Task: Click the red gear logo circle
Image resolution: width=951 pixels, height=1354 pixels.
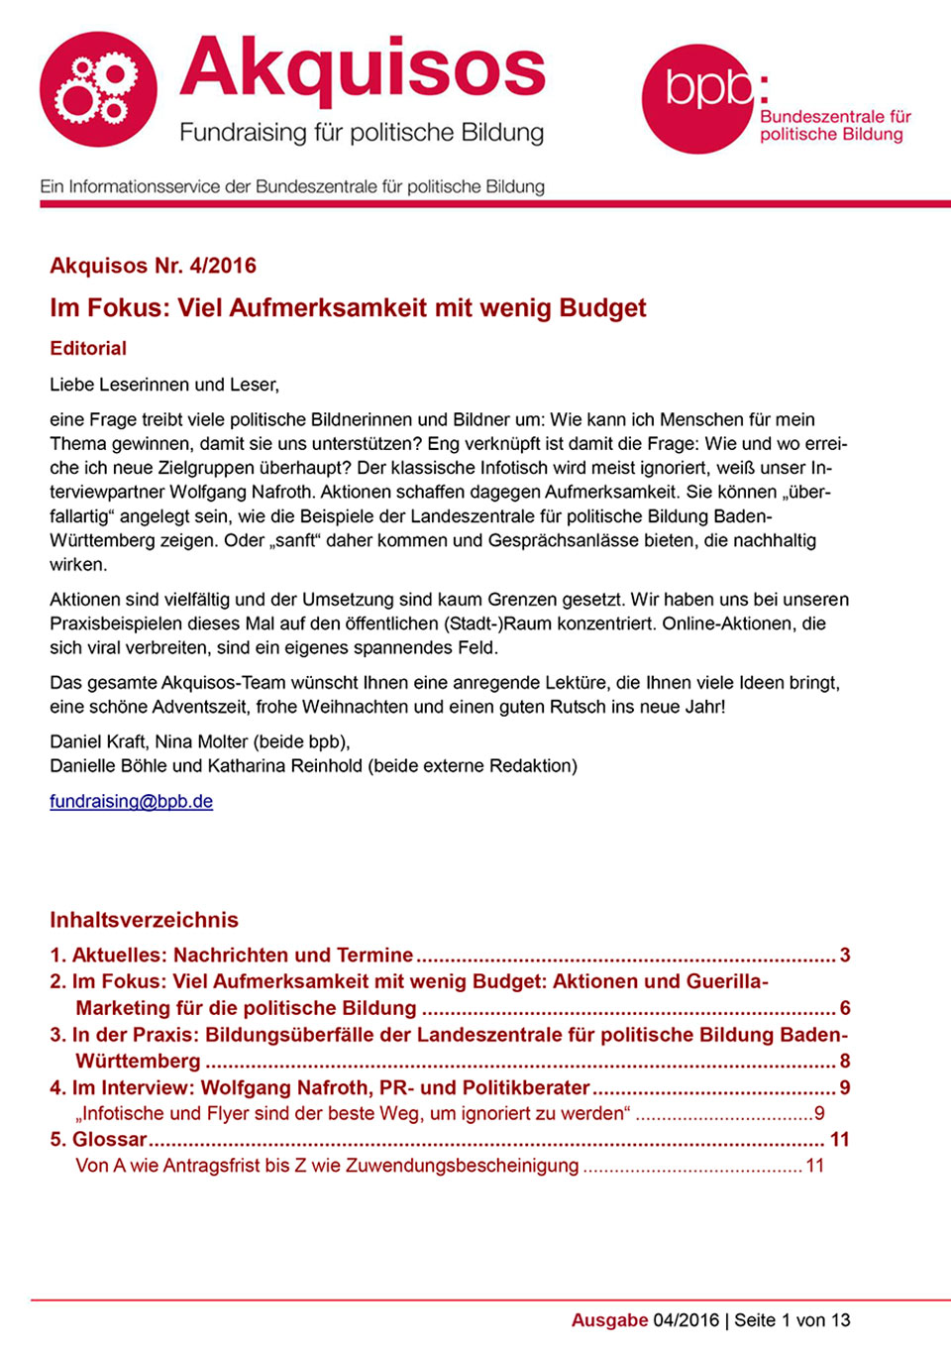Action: tap(98, 90)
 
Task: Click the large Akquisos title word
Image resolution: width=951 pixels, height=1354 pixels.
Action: tap(363, 69)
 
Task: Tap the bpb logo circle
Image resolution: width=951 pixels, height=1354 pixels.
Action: tap(698, 98)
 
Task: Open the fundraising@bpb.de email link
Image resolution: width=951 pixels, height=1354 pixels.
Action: tap(131, 801)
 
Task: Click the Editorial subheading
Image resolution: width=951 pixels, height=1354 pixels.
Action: tap(88, 348)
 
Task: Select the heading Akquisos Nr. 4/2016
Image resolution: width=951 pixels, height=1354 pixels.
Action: tap(153, 266)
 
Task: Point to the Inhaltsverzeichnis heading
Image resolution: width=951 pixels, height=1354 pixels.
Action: tap(144, 920)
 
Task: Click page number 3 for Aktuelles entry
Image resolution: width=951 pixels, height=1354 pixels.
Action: tap(845, 955)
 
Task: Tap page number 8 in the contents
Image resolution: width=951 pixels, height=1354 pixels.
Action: tap(845, 1061)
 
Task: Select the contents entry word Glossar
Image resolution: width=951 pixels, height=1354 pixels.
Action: tap(109, 1139)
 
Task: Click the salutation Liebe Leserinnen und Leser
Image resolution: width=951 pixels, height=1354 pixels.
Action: tap(164, 385)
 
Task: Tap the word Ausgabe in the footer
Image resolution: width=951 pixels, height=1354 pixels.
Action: tap(609, 1320)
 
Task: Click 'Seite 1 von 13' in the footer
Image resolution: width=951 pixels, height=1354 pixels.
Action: tap(792, 1320)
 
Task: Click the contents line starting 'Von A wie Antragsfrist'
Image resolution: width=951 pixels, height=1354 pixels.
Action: tap(327, 1166)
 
